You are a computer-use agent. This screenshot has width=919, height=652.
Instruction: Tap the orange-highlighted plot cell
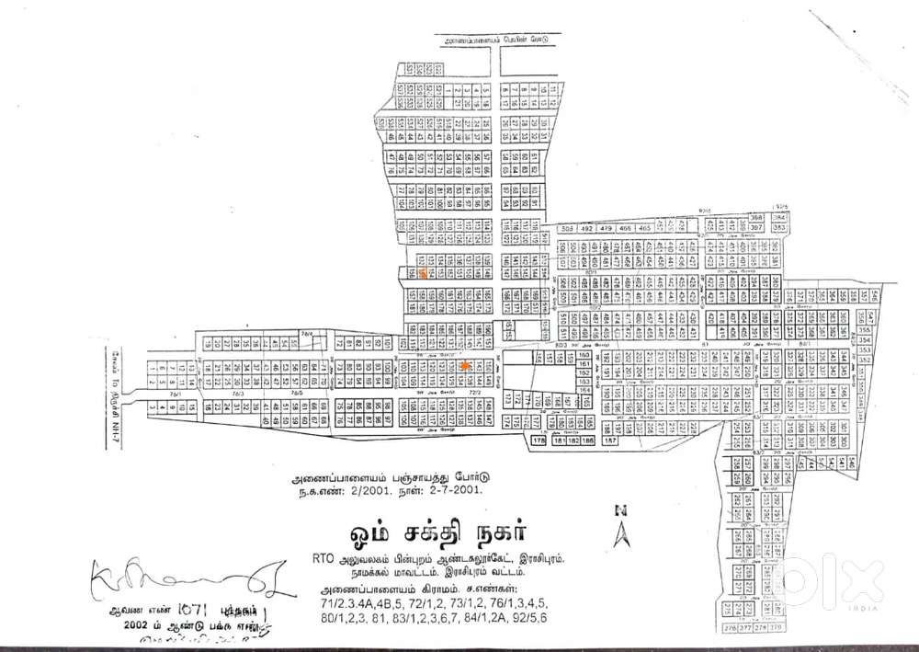[422, 273]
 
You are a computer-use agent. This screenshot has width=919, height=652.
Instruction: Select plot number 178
[539, 441]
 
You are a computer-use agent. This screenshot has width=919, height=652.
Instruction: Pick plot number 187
[610, 441]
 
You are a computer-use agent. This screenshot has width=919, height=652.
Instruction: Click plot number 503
[568, 228]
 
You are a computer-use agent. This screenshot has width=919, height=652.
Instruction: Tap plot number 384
[777, 217]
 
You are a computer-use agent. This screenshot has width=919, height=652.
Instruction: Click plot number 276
[730, 628]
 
